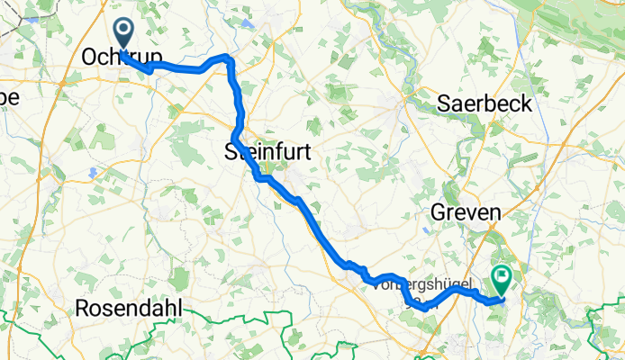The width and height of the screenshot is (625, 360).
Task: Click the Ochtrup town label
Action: [122, 57]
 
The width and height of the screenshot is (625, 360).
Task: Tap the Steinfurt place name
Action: [267, 154]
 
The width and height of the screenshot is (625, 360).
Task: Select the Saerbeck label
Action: [485, 103]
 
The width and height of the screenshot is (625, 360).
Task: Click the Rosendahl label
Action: [128, 308]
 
